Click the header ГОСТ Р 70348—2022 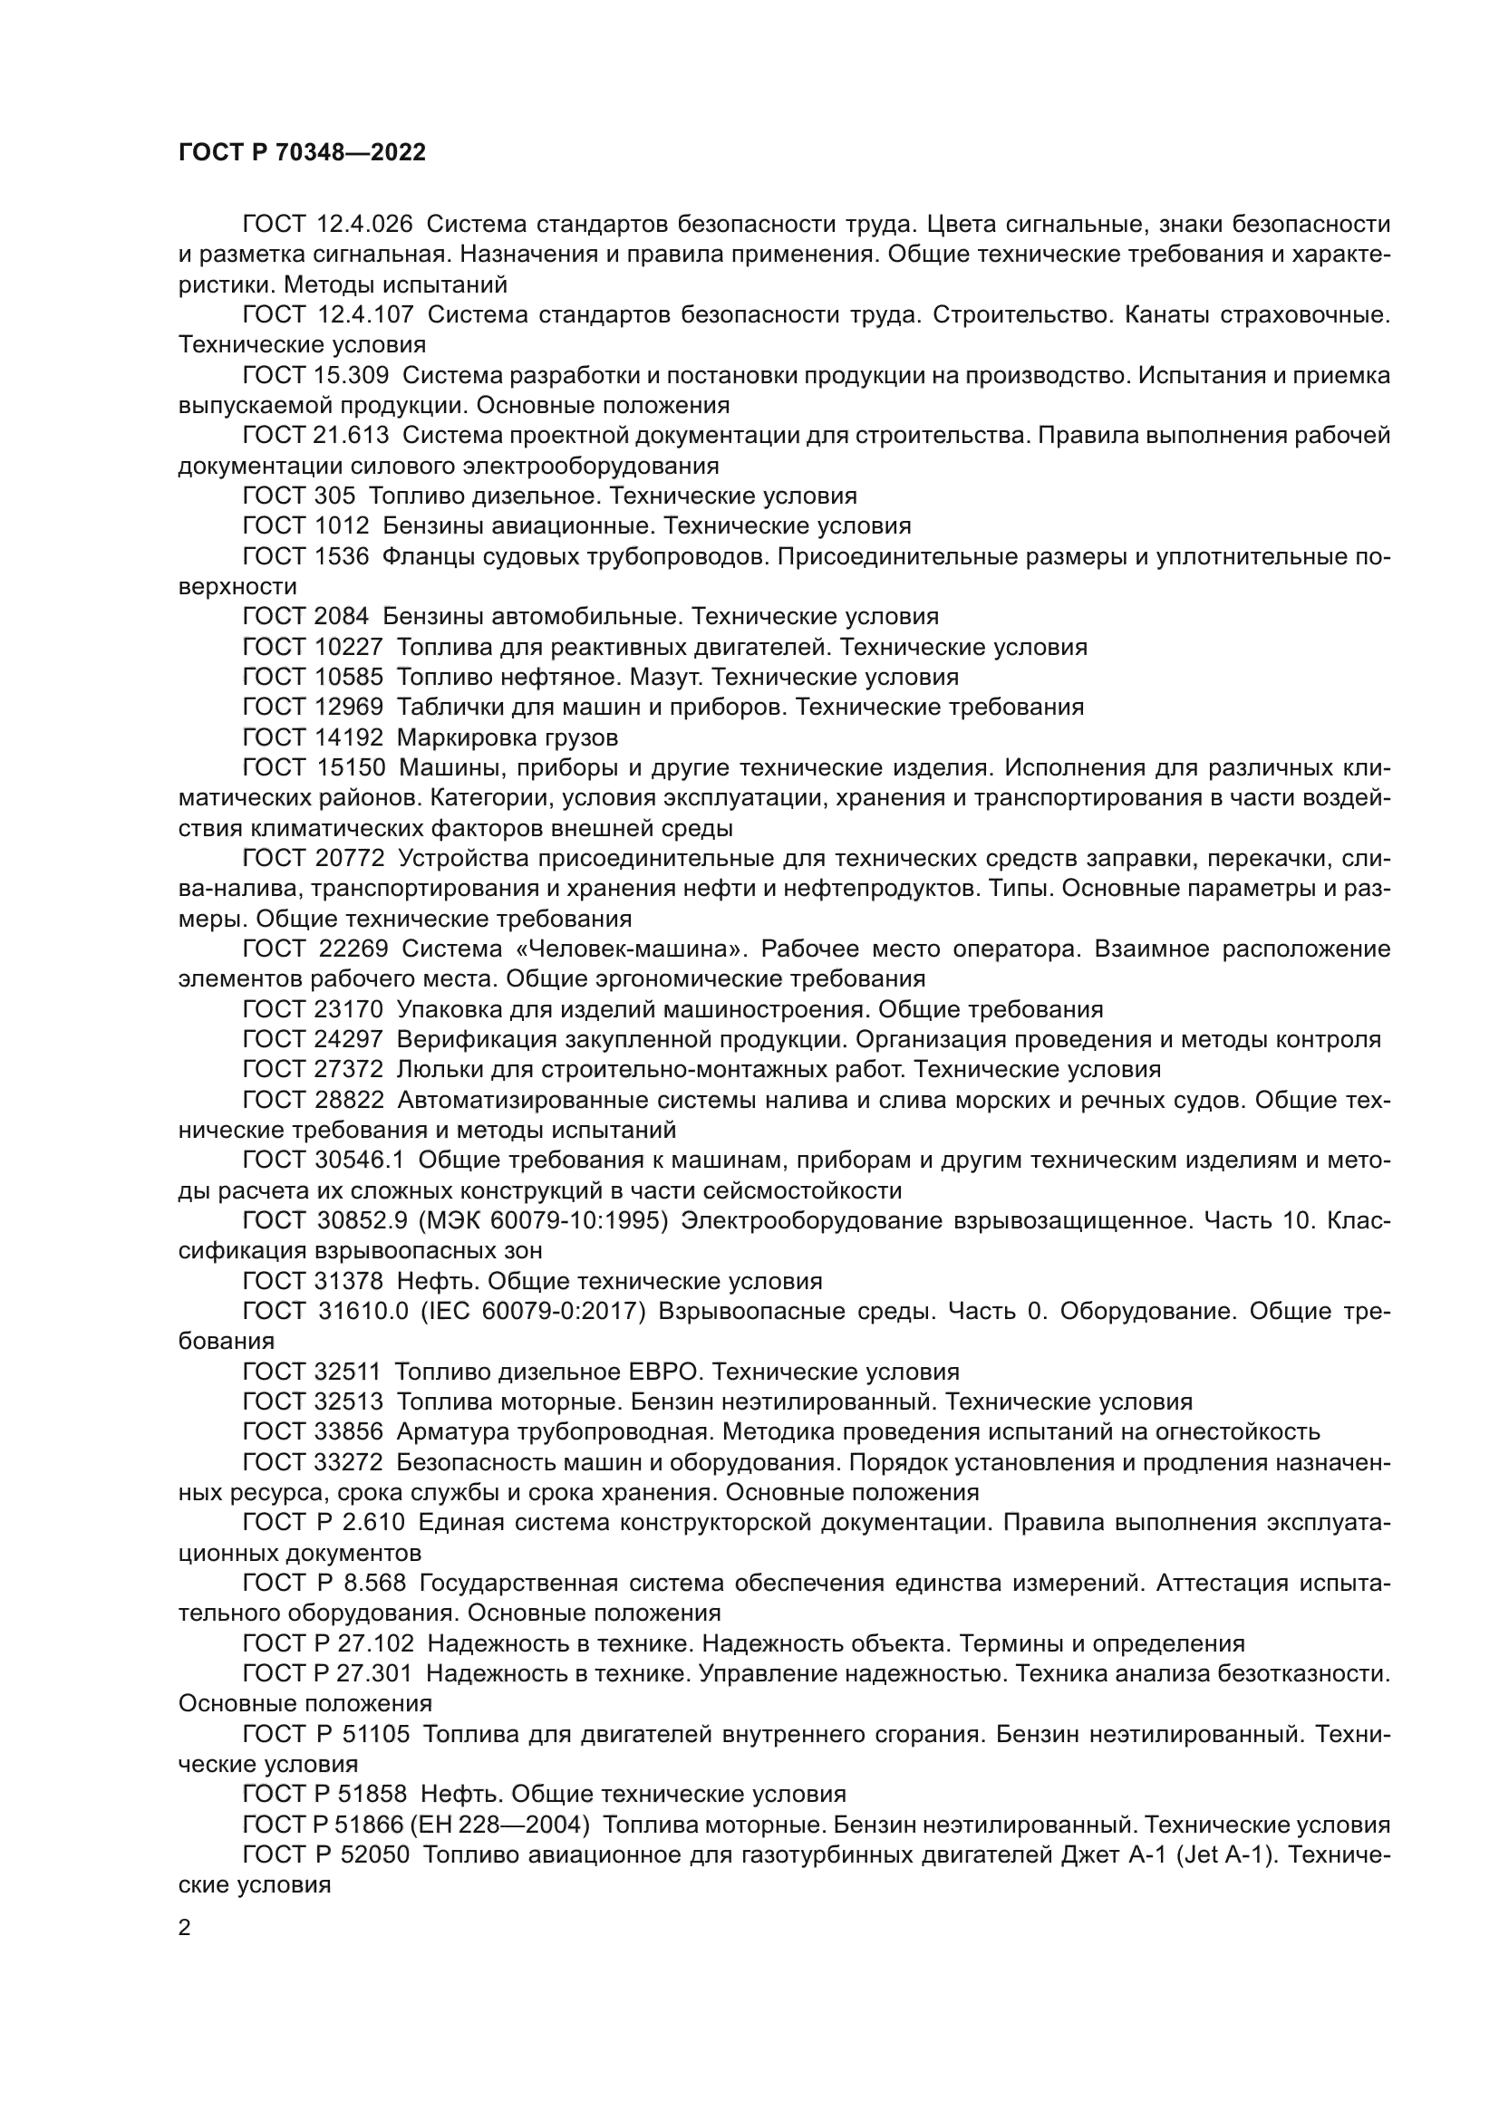[302, 153]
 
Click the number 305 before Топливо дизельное [334, 496]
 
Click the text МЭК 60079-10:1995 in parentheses [544, 1220]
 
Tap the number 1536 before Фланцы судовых [343, 555]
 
